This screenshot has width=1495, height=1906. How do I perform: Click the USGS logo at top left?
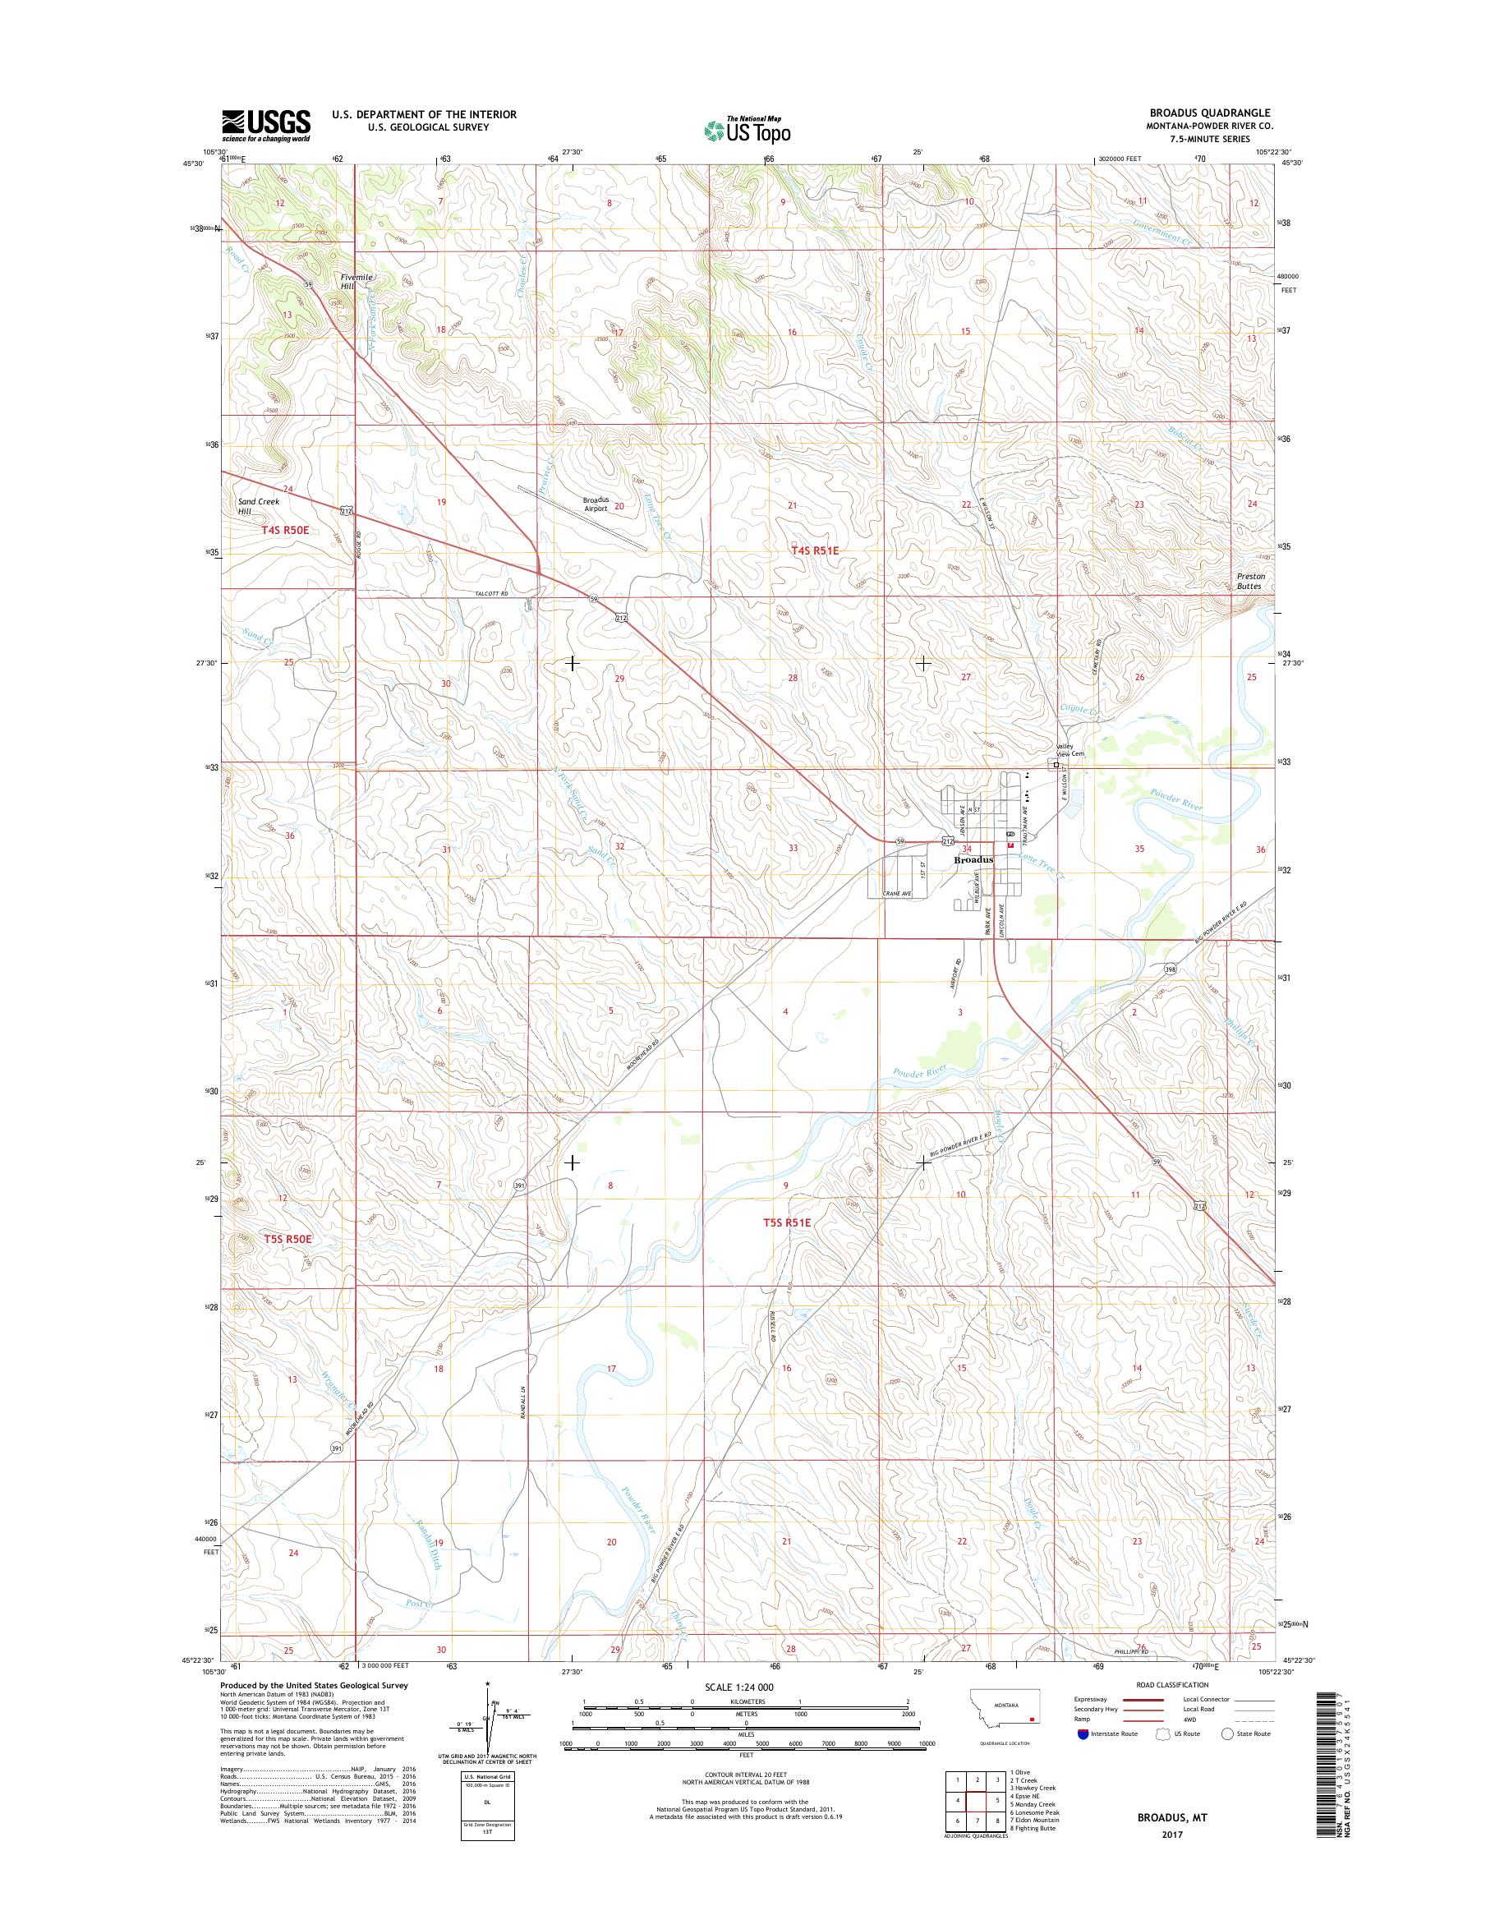[x=265, y=125]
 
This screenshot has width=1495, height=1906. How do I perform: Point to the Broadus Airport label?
[x=596, y=504]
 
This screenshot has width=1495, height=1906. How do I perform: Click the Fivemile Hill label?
[x=356, y=281]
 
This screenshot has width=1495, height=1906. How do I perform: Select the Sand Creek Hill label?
[x=258, y=506]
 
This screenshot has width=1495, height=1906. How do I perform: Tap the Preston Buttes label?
[x=1250, y=582]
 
